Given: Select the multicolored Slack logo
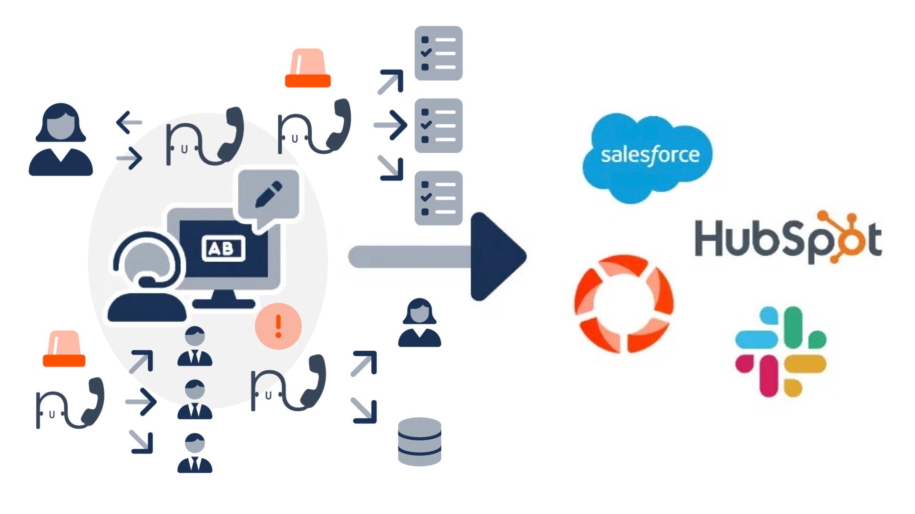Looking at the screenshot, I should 781,351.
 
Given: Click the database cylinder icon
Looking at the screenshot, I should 419,441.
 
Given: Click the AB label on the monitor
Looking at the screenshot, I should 223,248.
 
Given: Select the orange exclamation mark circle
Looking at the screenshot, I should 278,326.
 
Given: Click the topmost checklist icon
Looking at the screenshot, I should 438,53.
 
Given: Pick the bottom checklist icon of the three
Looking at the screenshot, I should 438,198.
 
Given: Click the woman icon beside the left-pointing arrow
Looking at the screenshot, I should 61,140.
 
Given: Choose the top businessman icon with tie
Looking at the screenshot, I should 194,346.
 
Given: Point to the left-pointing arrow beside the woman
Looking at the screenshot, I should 129,122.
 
